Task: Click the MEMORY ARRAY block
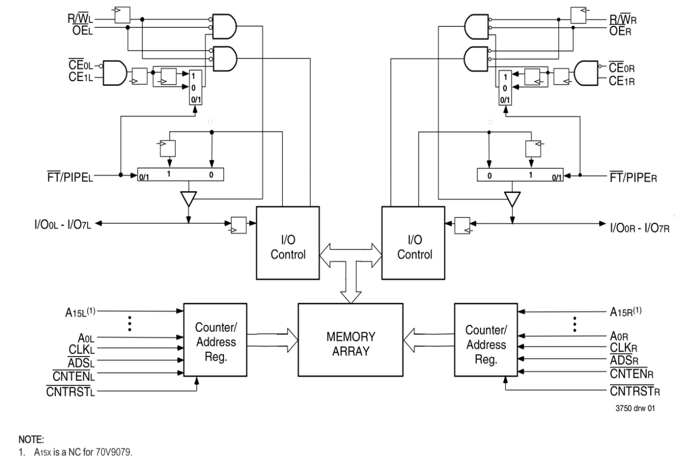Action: pos(350,339)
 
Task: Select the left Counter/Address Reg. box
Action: pos(215,339)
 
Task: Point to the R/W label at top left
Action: pos(81,19)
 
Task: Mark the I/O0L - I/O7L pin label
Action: pos(63,224)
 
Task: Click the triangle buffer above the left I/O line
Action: pos(188,199)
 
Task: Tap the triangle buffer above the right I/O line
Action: pos(512,199)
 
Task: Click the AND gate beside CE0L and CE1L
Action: pos(114,73)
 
